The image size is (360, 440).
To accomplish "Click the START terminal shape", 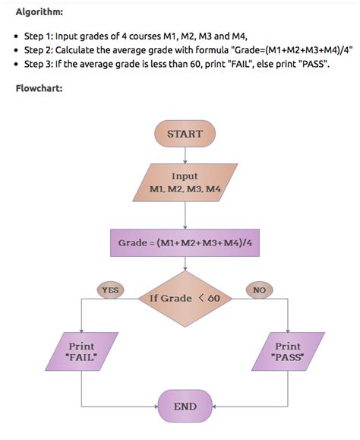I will pyautogui.click(x=185, y=134).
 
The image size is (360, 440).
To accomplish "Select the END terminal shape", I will pyautogui.click(x=185, y=407).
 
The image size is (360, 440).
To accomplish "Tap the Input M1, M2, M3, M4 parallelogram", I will pyautogui.click(x=185, y=182).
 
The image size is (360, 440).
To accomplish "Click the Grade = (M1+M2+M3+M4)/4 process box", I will pyautogui.click(x=185, y=243).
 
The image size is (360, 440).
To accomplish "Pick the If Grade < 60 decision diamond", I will pyautogui.click(x=185, y=298).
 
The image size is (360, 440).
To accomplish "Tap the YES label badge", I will pyautogui.click(x=111, y=290).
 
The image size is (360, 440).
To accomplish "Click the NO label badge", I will pyautogui.click(x=259, y=290).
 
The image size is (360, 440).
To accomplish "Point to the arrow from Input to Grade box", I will pyautogui.click(x=185, y=216).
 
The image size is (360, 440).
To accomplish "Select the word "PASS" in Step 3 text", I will pyautogui.click(x=314, y=65).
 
